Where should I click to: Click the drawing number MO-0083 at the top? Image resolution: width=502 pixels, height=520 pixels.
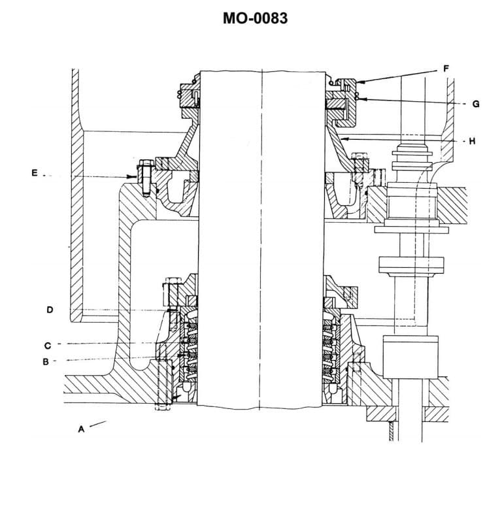click(x=255, y=18)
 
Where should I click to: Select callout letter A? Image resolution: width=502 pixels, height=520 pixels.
click(x=81, y=429)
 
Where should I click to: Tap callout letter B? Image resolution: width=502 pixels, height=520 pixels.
click(x=46, y=361)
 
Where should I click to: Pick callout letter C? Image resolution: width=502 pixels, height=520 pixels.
click(x=47, y=344)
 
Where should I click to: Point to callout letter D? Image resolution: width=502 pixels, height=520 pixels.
click(x=49, y=310)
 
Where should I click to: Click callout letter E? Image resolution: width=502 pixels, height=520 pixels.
click(x=34, y=173)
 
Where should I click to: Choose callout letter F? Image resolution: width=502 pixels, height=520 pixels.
click(x=446, y=68)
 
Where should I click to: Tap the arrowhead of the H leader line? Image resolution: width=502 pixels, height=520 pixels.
click(x=341, y=139)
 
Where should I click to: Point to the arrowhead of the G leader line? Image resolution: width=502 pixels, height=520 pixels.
click(x=358, y=99)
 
